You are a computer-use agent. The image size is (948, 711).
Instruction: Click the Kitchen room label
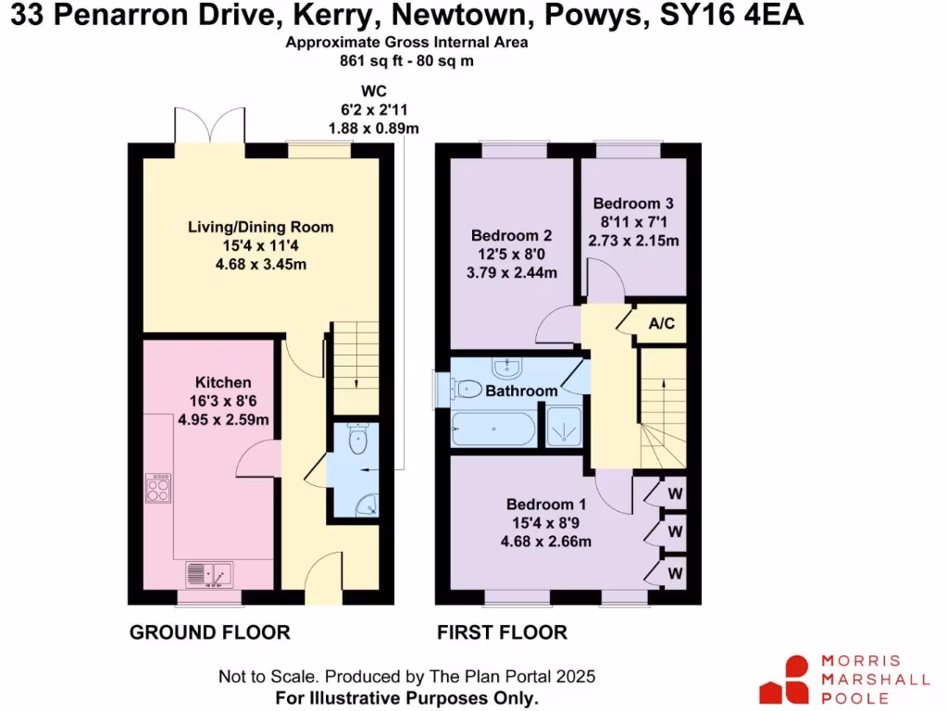(222, 382)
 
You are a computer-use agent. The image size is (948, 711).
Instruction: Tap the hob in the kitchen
(157, 487)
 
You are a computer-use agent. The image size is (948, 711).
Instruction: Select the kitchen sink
(209, 574)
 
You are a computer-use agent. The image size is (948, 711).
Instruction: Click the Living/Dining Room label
(260, 227)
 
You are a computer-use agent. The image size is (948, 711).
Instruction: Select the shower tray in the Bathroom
(563, 426)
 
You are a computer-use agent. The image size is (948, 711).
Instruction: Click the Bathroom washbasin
(507, 368)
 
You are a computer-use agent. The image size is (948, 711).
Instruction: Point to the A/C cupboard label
(661, 324)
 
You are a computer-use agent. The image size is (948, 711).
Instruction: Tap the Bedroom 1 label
(546, 505)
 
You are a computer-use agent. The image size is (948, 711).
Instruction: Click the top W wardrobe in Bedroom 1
(675, 492)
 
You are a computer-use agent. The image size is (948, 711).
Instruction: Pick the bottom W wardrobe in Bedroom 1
(675, 573)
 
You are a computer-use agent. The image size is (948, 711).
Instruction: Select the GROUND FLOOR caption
(209, 633)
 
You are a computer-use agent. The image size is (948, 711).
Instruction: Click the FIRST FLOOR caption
(502, 633)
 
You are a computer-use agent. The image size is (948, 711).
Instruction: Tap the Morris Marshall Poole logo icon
(784, 680)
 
